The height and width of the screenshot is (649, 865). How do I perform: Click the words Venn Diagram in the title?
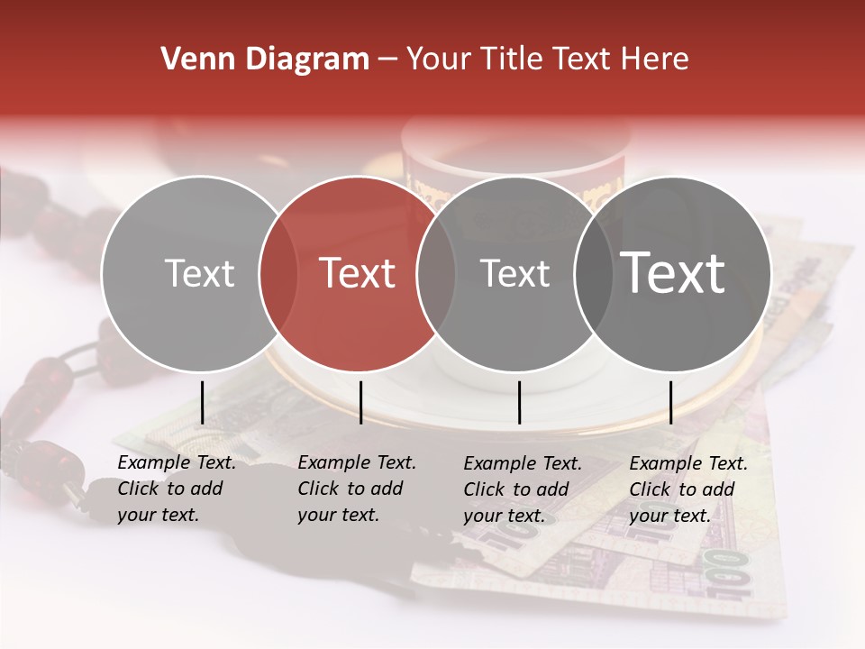coord(265,59)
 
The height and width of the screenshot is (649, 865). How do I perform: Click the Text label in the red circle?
coord(358,273)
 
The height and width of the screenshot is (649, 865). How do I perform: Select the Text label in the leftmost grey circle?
coord(199,273)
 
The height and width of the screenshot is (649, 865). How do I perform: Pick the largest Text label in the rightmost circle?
coord(673,273)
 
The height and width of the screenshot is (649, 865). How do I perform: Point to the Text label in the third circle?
coord(515,273)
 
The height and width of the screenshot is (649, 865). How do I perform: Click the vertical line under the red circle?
coord(360,402)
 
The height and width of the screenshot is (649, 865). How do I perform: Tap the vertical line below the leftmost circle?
coord(202,402)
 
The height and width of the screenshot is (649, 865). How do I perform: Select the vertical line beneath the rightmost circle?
coord(671,402)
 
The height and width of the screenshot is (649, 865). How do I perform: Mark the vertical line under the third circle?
coord(520,402)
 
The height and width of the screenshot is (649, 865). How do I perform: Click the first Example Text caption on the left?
coord(176,489)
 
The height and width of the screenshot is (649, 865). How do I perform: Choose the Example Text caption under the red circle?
coord(356,489)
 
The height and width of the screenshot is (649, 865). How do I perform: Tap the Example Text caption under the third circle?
coord(522,489)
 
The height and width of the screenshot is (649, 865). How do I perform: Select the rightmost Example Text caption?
coord(687,489)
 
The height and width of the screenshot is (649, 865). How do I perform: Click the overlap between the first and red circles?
coord(278,273)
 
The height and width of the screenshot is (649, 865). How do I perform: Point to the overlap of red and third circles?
coord(436,273)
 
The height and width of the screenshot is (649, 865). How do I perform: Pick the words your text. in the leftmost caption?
coord(158,516)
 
